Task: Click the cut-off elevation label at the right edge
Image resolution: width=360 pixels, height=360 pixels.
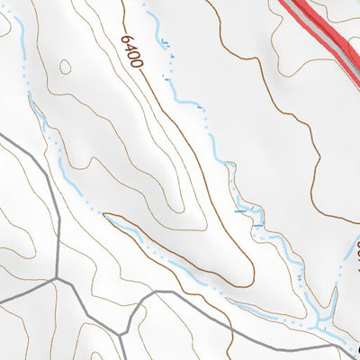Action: pos(355,247)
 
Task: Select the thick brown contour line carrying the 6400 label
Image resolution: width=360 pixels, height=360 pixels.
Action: pos(180,135)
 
